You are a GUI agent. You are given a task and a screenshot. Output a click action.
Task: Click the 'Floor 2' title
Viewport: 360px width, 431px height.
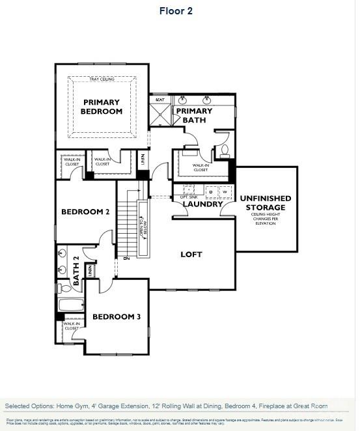[x=176, y=11]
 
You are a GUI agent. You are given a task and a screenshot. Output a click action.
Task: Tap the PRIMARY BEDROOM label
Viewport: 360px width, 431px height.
[x=102, y=107]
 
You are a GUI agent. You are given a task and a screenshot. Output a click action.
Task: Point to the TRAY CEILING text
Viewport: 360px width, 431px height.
[x=102, y=79]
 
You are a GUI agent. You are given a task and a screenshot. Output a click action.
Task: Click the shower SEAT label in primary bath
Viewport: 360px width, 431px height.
[x=159, y=100]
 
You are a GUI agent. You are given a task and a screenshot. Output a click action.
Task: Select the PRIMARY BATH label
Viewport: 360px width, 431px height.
[x=190, y=116]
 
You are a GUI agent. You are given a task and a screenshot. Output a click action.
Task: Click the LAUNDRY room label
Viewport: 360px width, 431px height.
[x=202, y=204]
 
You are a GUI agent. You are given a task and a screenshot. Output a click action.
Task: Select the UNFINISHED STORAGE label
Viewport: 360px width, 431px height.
[x=266, y=202]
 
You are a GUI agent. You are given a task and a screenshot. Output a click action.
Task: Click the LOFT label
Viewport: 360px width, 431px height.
[x=191, y=254]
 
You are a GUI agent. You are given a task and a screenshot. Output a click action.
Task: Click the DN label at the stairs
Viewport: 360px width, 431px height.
[x=127, y=258]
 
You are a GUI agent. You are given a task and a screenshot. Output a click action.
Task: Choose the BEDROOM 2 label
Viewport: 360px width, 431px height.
[x=85, y=212]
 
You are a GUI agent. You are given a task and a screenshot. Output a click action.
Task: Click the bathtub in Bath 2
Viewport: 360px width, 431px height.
[x=70, y=305]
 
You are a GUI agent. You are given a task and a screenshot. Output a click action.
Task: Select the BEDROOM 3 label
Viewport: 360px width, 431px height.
[x=116, y=317]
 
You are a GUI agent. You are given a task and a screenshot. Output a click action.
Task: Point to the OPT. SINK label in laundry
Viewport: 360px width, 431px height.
[x=187, y=196]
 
